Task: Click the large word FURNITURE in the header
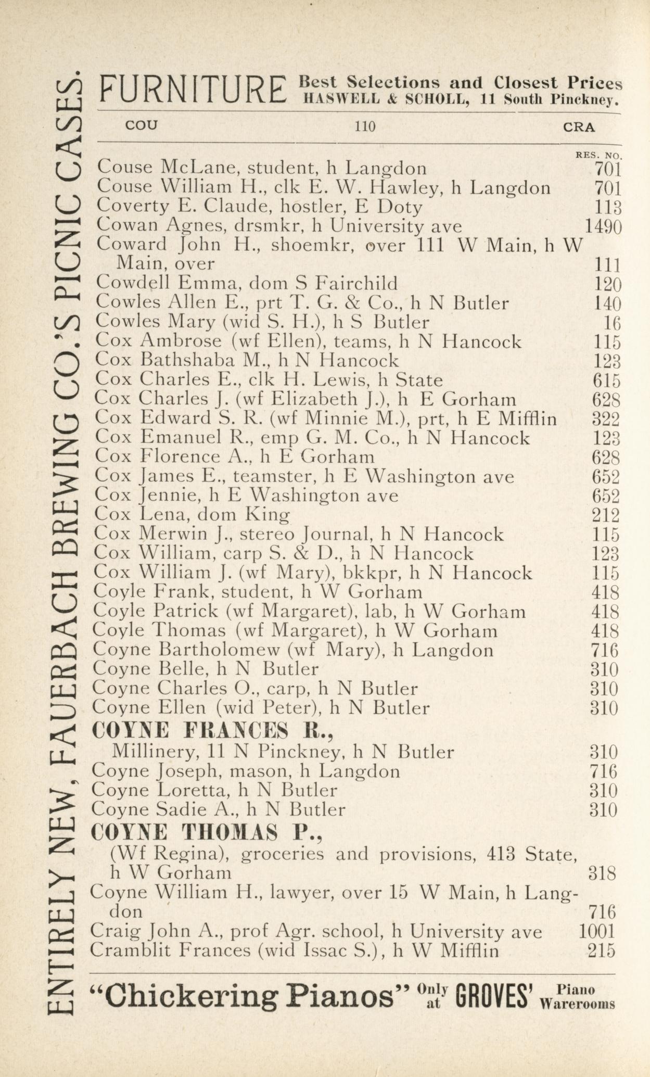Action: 193,89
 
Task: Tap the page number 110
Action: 364,126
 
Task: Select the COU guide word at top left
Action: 141,125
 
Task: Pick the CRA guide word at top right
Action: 579,127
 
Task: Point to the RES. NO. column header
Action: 598,155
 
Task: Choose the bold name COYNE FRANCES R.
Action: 212,731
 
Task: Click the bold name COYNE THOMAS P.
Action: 207,833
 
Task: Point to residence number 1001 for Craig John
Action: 596,931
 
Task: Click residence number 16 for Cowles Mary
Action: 612,323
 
